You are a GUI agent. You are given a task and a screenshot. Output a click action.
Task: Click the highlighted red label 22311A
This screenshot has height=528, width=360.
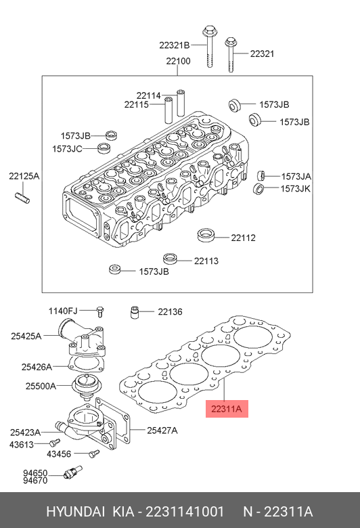point(227,409)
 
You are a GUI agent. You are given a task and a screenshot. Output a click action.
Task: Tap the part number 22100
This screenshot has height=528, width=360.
point(178,61)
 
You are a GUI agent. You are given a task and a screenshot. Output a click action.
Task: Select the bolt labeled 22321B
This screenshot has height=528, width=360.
point(209,46)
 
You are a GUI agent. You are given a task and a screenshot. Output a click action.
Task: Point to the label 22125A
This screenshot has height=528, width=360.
point(24,176)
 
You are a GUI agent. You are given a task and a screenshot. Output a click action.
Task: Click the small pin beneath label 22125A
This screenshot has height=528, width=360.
point(23,198)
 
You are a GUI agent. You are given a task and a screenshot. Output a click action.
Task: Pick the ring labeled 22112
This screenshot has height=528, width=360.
point(206,235)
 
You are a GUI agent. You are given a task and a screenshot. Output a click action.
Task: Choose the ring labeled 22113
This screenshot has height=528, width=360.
point(171,259)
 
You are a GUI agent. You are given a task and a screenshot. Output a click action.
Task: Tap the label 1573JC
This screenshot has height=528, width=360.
point(67,148)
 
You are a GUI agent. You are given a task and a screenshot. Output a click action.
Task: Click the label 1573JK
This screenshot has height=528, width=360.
point(295,189)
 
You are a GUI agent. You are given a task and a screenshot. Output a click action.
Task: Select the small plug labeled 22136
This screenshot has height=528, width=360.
point(135,312)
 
